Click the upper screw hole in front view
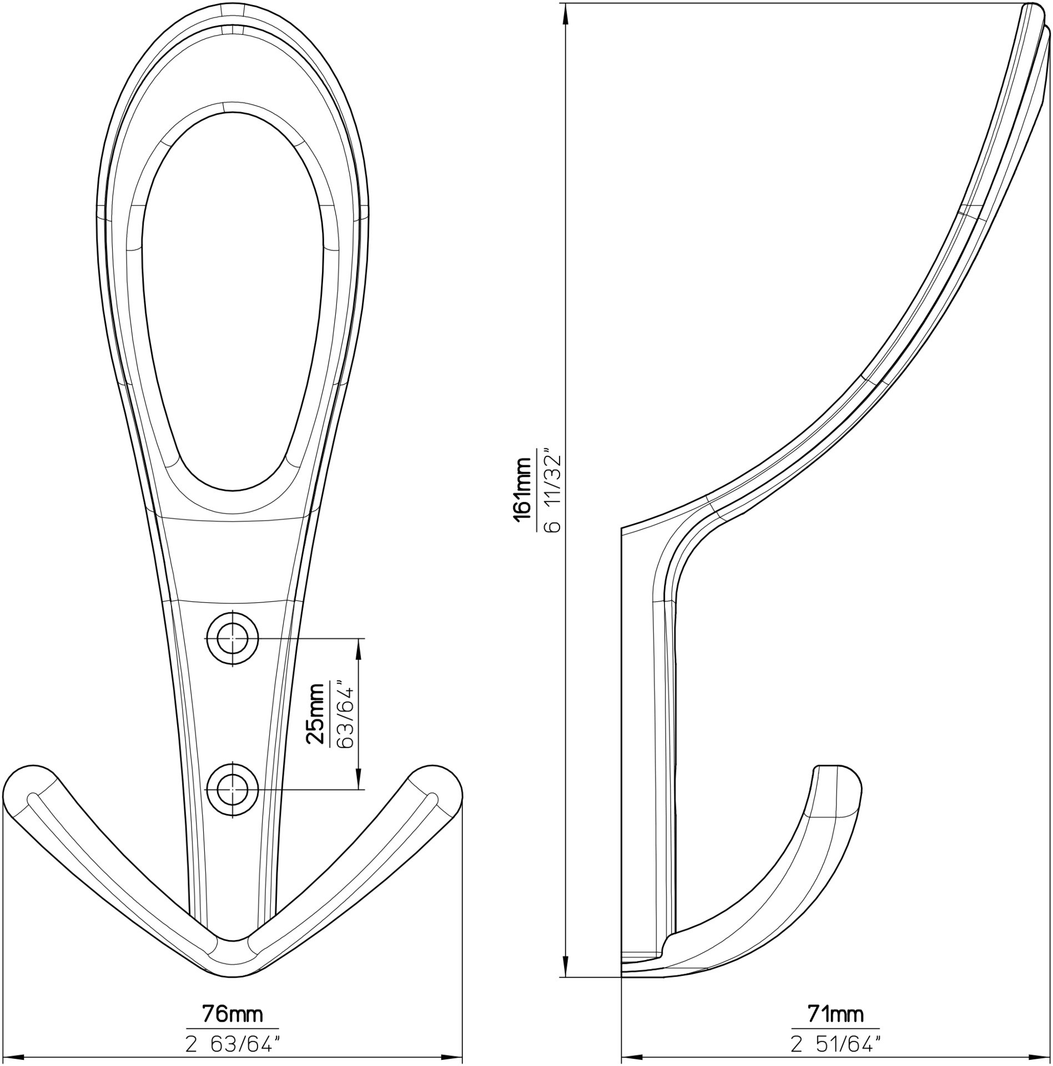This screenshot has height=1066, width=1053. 232,638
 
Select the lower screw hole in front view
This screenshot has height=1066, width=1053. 232,789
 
